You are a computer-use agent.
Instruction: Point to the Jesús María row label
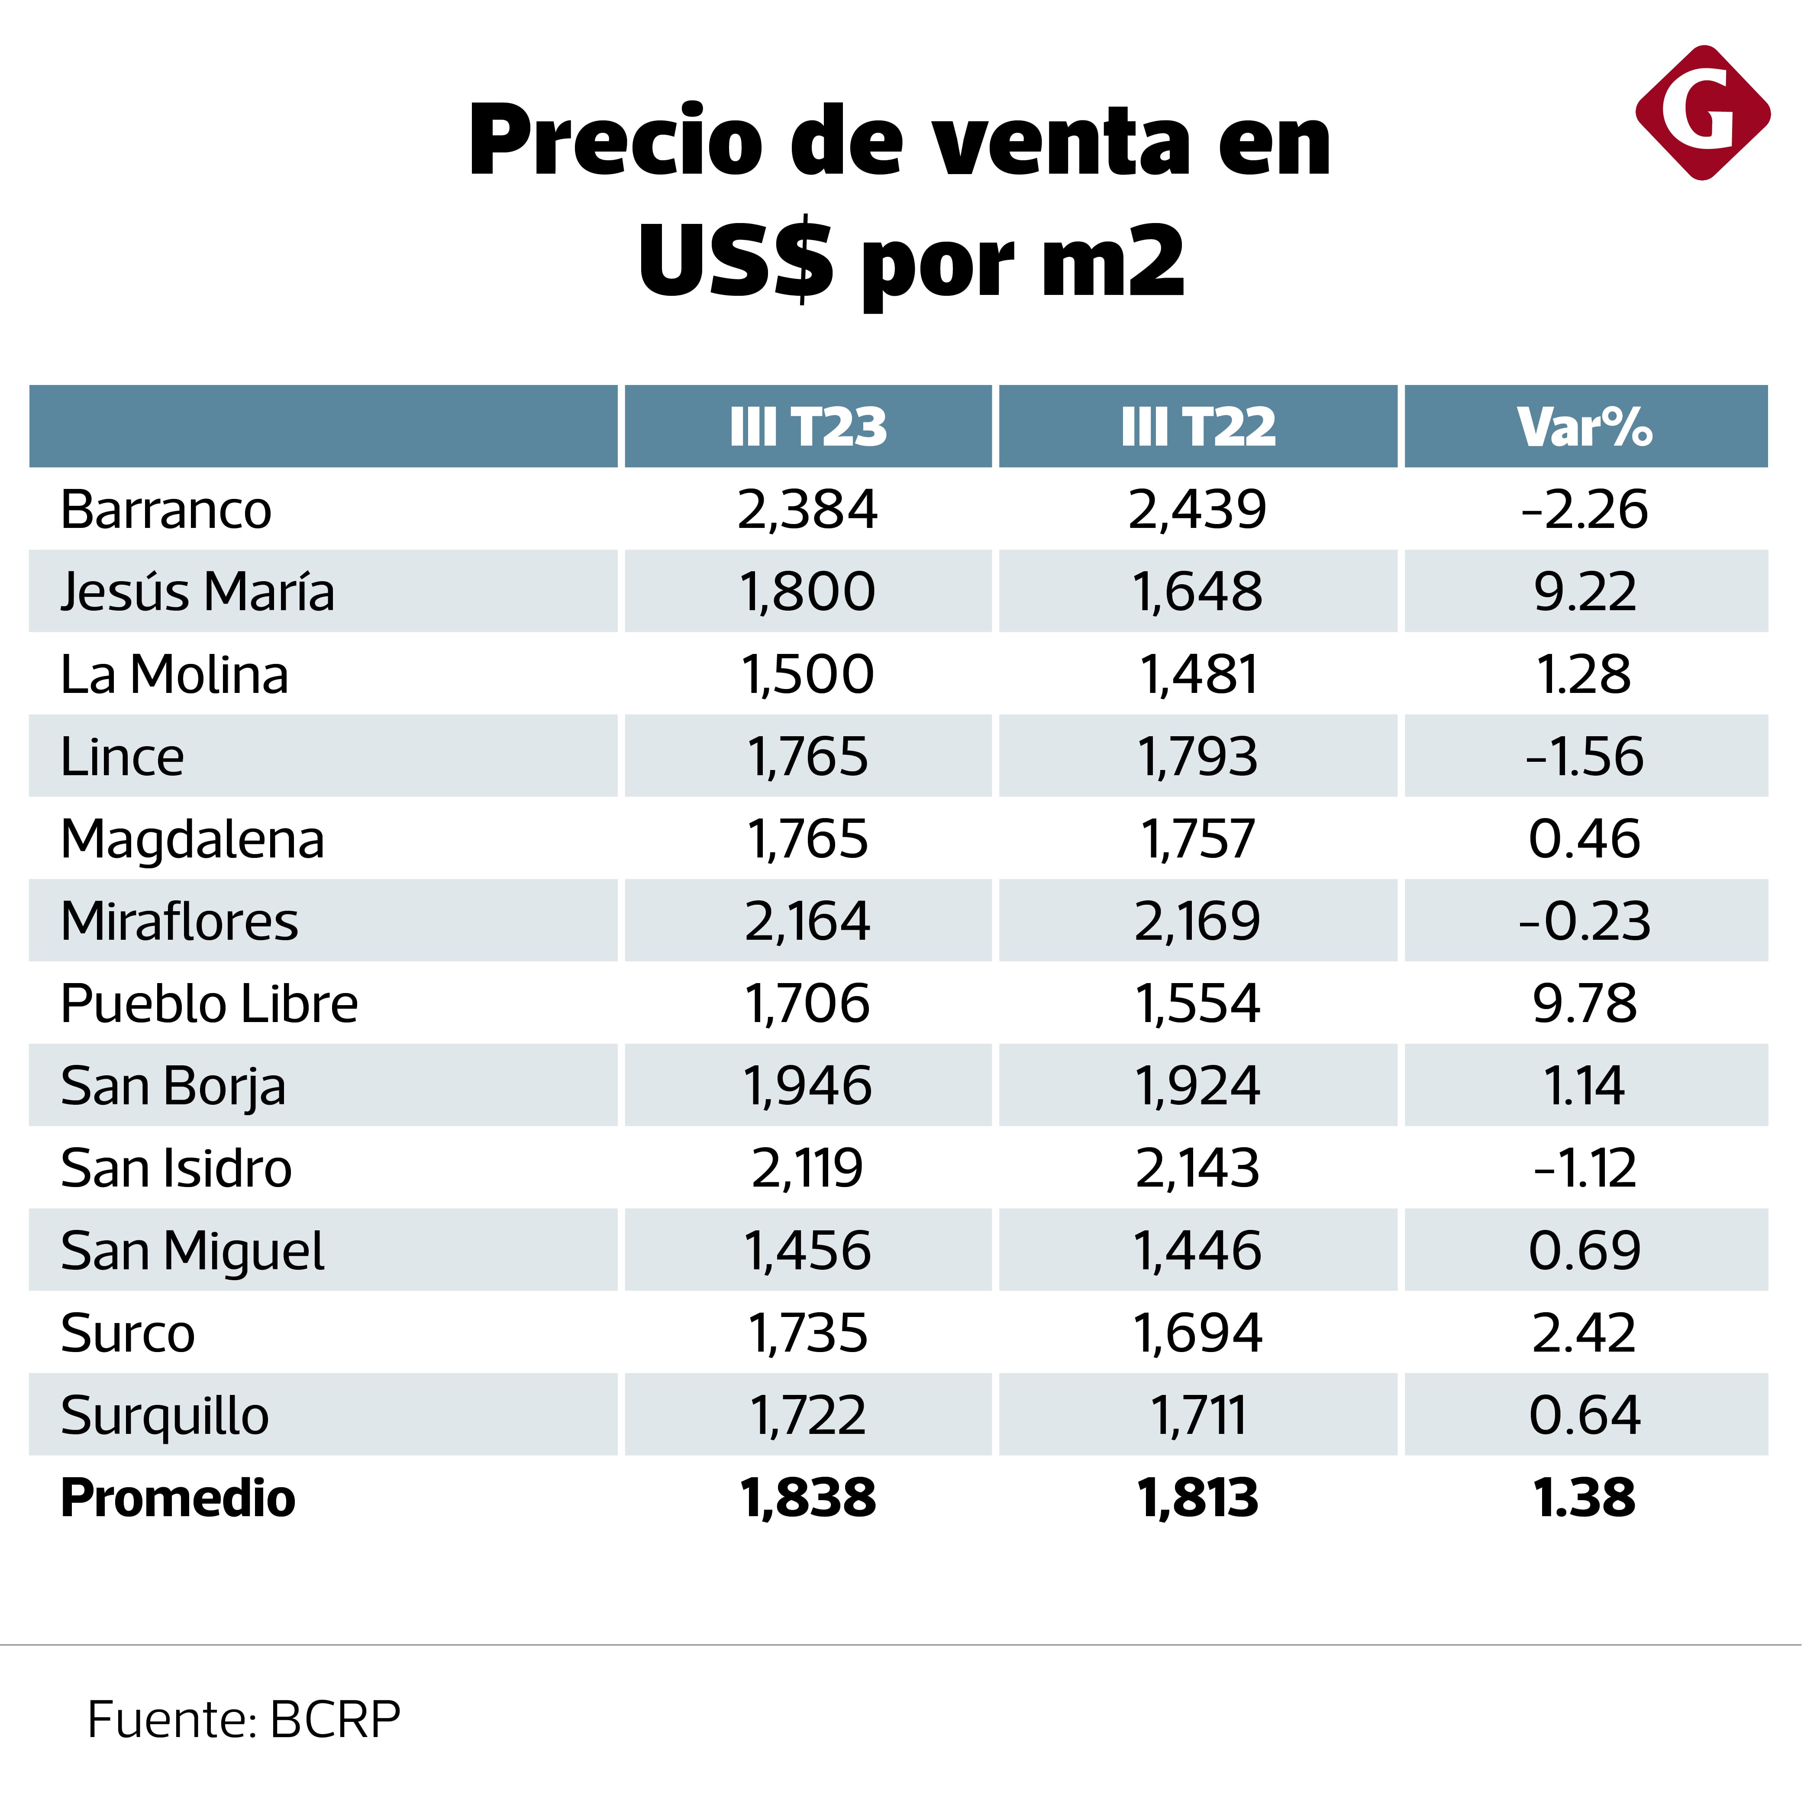197,592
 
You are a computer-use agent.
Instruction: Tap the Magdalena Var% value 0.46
1585,839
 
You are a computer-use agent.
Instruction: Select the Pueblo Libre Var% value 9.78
1585,1003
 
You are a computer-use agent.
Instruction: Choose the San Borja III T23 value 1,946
807,1086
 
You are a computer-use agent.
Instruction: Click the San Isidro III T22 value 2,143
1198,1169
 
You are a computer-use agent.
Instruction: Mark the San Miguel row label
193,1251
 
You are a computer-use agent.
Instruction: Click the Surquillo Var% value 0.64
1585,1416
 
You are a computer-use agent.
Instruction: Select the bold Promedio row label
177,1498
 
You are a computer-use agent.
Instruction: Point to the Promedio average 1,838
807,1498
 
